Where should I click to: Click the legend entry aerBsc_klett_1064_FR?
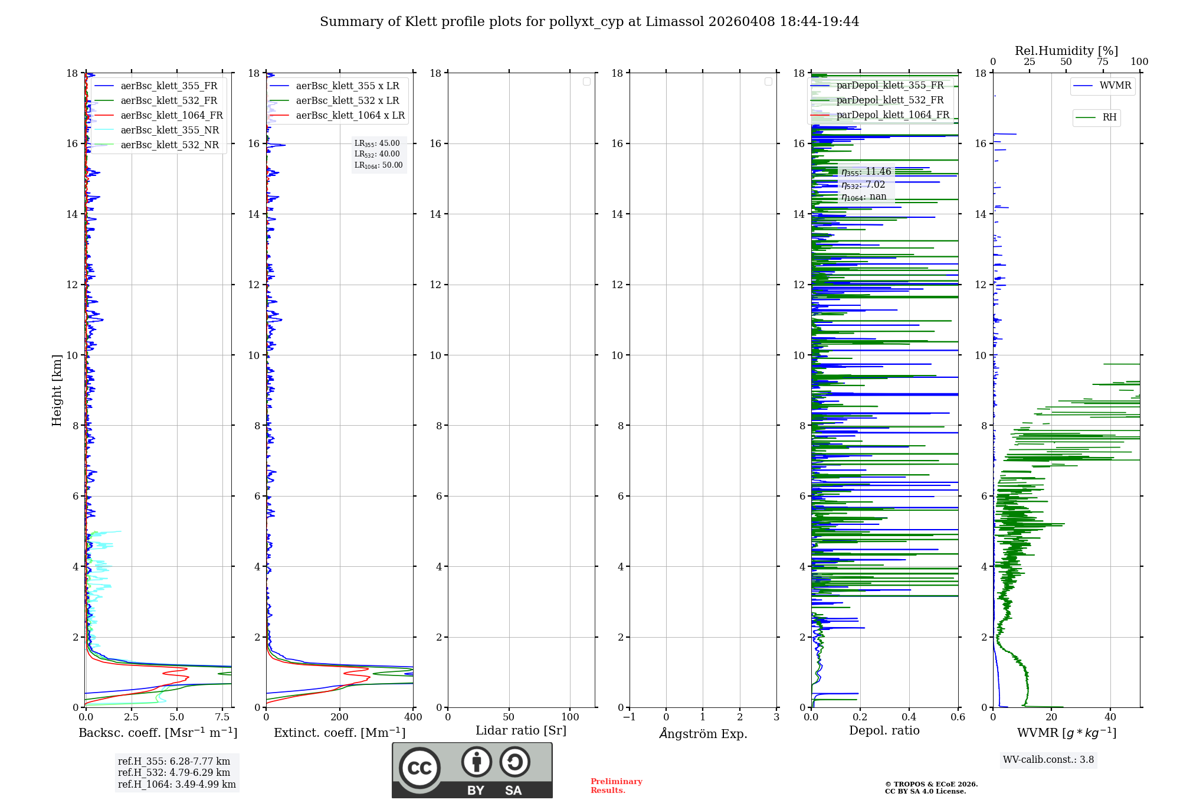(171, 116)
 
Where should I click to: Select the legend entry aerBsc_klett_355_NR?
(169, 130)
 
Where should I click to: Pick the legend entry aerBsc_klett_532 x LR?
(347, 101)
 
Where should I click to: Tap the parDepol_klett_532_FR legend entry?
(890, 100)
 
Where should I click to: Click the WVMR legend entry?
(1115, 86)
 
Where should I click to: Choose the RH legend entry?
(1109, 117)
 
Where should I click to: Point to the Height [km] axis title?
(57, 390)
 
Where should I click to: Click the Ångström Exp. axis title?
(703, 734)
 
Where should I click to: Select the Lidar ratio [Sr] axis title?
(521, 731)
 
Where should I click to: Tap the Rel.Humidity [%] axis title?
(1066, 51)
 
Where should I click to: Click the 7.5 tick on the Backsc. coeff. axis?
(222, 717)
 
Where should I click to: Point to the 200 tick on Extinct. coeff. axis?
(340, 717)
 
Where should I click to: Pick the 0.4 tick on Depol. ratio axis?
(909, 717)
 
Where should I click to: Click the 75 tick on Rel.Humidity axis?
(1103, 62)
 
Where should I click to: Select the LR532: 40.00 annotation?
(377, 154)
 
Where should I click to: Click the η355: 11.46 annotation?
(866, 172)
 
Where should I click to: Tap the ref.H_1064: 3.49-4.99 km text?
(176, 785)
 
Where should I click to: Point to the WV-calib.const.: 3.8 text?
(1048, 760)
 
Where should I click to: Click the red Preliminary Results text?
(616, 786)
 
